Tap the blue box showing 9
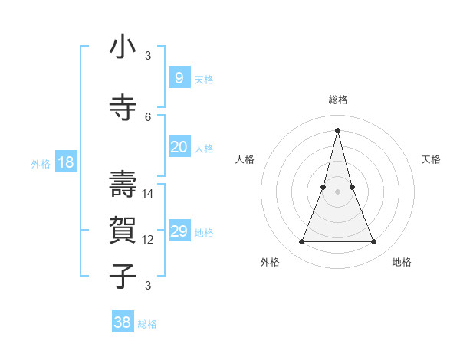point(179,78)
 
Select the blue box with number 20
point(179,147)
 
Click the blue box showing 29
point(179,231)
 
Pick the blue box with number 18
point(65,162)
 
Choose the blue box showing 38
point(123,322)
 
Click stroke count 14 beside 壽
point(148,194)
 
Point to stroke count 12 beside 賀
point(148,240)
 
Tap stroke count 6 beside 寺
point(148,116)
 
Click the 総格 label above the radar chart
point(337,100)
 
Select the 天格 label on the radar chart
point(431,159)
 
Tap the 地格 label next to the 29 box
point(204,232)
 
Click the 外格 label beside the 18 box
point(41,163)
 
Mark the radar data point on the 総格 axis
point(337,129)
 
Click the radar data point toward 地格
point(373,242)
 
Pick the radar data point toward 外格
point(301,242)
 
